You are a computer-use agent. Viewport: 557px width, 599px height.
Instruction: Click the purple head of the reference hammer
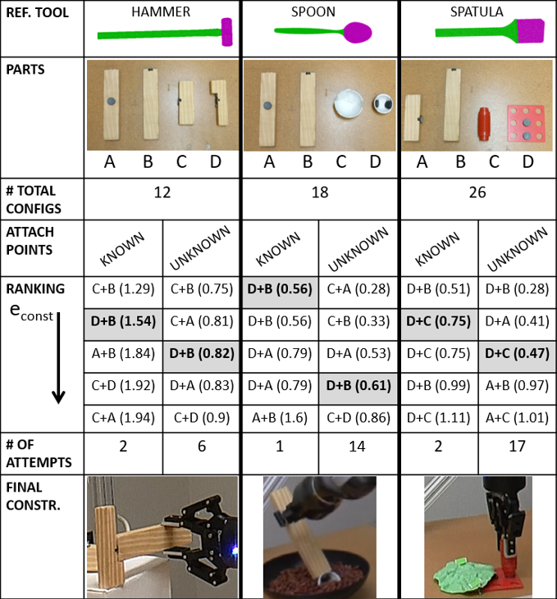[227, 32]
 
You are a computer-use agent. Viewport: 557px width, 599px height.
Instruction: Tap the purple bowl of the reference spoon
[358, 33]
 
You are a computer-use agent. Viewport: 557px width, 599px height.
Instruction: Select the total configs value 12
[162, 192]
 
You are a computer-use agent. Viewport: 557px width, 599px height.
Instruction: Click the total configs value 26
[477, 192]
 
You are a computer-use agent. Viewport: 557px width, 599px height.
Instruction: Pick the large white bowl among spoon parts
[348, 103]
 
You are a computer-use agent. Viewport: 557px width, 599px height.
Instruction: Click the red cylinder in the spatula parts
[484, 124]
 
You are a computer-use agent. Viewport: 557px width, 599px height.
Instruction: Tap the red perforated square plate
[526, 124]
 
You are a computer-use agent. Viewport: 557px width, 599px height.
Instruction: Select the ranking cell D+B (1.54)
[123, 321]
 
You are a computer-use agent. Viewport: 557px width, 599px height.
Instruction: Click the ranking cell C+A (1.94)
[123, 418]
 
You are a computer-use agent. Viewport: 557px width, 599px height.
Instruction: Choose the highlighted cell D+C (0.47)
[517, 353]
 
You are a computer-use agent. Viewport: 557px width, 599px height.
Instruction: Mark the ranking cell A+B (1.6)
[280, 418]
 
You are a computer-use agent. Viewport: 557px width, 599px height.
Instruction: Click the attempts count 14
[357, 447]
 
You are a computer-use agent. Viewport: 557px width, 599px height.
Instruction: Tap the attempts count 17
[517, 447]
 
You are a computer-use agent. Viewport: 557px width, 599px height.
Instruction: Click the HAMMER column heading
[161, 11]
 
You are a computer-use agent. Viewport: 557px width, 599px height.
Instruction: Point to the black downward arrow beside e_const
[58, 358]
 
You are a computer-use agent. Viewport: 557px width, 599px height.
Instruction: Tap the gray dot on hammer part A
[111, 102]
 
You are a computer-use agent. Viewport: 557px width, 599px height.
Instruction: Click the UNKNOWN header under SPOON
[358, 248]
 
